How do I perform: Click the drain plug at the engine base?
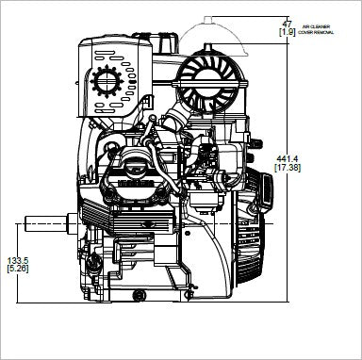click(139, 297)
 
